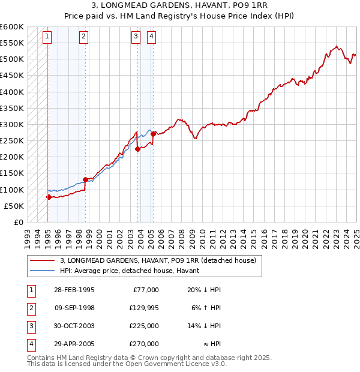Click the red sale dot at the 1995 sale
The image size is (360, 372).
pyautogui.click(x=49, y=197)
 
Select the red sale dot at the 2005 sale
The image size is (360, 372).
pyautogui.click(x=153, y=134)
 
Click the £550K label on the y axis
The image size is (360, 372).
pyautogui.click(x=12, y=44)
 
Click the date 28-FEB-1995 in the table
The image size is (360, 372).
pyautogui.click(x=74, y=290)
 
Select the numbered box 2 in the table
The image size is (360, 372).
pyautogui.click(x=31, y=308)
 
